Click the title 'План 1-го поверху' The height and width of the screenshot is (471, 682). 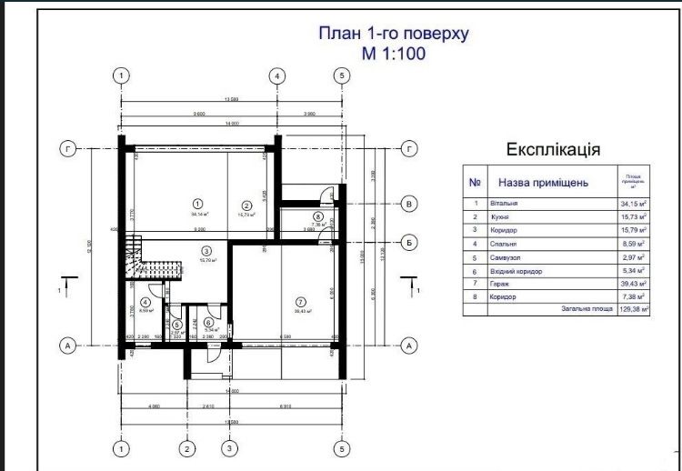pos(393,34)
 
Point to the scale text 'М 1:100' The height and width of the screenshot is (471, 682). pos(393,54)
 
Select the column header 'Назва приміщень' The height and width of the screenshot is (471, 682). pos(545,182)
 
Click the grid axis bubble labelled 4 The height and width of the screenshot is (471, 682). pos(276,75)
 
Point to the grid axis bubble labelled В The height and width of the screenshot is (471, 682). pos(409,204)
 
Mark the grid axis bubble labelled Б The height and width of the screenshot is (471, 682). pos(409,242)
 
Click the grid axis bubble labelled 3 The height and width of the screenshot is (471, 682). pos(230,448)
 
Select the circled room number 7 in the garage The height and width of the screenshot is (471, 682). pos(297,300)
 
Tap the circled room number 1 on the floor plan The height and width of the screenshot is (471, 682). pos(197,203)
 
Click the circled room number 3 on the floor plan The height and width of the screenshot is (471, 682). pos(206,251)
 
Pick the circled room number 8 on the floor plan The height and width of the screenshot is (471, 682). pos(317,216)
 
